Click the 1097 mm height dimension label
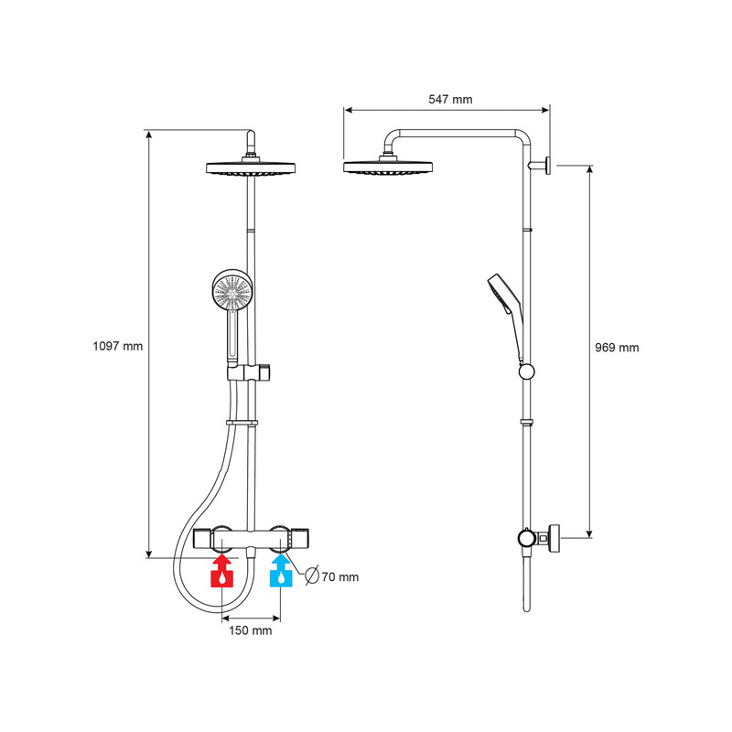118,347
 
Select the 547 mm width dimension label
450,100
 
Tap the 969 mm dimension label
615,348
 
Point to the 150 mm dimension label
249,631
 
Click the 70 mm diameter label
339,576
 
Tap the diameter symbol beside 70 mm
310,576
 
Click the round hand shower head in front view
231,291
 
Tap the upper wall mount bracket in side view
546,166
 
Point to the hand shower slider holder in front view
250,373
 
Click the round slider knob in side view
526,371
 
